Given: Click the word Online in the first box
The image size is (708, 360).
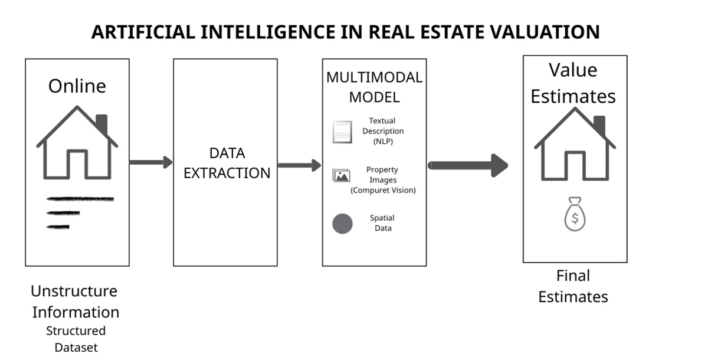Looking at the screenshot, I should click(x=77, y=86).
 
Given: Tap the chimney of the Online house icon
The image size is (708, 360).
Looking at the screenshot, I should click(x=101, y=124).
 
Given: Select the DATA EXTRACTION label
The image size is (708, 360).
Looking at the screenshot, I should click(x=227, y=163).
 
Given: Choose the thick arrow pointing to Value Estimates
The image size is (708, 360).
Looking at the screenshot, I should click(x=467, y=165).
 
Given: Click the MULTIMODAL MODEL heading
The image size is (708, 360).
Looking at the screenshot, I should click(x=374, y=87).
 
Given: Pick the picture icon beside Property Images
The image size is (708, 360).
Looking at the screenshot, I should click(x=342, y=175).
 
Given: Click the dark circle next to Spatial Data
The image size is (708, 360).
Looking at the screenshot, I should click(x=343, y=224).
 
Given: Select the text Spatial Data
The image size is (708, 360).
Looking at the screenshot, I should click(x=382, y=223).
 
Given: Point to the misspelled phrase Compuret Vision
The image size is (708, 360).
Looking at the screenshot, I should click(x=383, y=190).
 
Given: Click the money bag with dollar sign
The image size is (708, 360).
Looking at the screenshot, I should click(x=574, y=214).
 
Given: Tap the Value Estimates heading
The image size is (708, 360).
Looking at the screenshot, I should click(x=573, y=83).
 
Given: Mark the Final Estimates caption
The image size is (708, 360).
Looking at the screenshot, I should click(x=573, y=286).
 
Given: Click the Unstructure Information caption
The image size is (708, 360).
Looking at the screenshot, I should click(x=75, y=301).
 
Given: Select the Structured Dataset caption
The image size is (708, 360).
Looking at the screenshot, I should click(x=76, y=339).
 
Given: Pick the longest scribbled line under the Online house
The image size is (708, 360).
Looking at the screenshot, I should click(x=80, y=199).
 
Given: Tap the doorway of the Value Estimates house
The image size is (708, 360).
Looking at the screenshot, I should click(x=575, y=166).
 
